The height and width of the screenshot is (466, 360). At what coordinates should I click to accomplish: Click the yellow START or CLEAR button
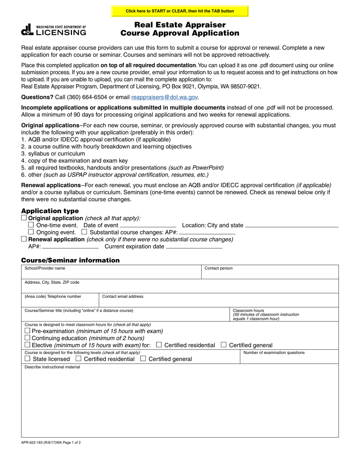coord(180,11)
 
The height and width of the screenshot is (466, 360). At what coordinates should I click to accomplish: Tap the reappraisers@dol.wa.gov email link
coord(164,97)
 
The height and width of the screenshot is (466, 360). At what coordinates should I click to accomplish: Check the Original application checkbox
coord(24,218)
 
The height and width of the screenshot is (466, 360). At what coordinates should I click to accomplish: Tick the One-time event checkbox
coord(31,225)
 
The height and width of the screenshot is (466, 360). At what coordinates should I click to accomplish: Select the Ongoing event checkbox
coord(31,232)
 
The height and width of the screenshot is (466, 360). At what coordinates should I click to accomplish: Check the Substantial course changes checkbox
coord(85,232)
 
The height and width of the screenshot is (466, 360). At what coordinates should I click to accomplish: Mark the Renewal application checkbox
coord(24,239)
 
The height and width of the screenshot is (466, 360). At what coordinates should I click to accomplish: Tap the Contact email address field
coord(219,302)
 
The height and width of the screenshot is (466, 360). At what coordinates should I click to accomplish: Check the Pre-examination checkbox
coord(27,331)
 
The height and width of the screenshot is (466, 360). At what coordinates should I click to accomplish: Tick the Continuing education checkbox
coord(27,338)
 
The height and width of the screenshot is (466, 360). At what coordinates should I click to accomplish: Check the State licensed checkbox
coord(27,358)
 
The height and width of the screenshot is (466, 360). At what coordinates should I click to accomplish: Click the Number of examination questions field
coord(289,359)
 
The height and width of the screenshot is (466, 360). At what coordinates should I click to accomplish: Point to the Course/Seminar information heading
coord(70,260)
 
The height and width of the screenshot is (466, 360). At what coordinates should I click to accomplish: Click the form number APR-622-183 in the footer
coord(35,442)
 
